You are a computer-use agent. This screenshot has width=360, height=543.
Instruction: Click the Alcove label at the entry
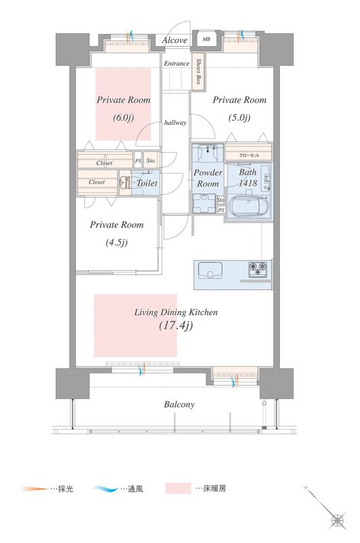pos(175,40)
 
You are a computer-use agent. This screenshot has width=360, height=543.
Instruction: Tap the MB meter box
pos(206,39)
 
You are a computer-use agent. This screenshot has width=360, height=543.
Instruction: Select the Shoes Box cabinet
pos(198,72)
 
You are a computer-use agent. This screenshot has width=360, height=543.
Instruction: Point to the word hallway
pos(175,123)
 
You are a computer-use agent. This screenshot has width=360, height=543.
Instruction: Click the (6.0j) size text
pos(124,117)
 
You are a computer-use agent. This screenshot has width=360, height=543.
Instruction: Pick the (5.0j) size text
pos(239,117)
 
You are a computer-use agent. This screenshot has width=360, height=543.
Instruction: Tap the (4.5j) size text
pos(116,242)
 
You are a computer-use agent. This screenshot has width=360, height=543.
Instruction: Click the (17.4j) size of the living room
pos(176,326)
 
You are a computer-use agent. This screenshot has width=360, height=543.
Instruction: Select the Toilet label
pos(147,183)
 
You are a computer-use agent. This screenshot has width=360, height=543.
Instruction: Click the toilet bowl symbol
pos(126,182)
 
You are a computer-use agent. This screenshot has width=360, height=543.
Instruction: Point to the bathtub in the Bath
pos(248,207)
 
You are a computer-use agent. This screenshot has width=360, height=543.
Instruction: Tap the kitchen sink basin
pos(210,270)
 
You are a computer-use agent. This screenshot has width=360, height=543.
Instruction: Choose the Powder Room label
pos(208,178)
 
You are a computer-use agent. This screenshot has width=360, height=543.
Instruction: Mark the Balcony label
pos(179,405)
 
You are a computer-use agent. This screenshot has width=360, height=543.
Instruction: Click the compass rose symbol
pos(338,520)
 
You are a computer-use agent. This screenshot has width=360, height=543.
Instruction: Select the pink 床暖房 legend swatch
pos(178,488)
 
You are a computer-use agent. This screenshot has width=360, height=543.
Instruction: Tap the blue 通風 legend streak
pos(106,489)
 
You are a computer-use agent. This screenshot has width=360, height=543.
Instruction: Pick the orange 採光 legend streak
pos(34,489)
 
